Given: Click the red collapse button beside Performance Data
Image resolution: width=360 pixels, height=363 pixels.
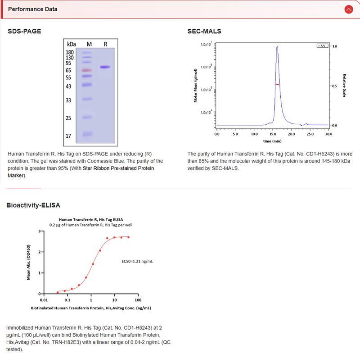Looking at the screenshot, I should (348, 9).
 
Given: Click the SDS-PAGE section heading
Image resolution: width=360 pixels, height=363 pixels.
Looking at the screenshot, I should (24, 31).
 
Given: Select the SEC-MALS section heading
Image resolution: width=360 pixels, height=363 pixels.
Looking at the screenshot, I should (204, 31).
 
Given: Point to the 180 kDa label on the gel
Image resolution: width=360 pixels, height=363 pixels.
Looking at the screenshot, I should (70, 52).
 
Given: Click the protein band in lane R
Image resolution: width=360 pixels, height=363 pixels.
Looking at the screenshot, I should (105, 67).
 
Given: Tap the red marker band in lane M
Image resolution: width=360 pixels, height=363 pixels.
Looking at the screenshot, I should (87, 70).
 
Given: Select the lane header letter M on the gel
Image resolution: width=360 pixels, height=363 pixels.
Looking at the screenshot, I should (89, 44).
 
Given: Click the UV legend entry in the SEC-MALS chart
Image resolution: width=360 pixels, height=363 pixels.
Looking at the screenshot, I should (322, 46).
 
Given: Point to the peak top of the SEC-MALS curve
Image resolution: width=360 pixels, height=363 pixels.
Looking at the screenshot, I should (277, 46).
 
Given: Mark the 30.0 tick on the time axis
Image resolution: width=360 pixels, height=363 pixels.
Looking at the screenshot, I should (328, 134).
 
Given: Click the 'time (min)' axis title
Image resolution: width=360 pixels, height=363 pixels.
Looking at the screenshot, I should (273, 141).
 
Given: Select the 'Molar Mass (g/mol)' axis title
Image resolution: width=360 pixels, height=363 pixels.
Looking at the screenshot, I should (196, 85).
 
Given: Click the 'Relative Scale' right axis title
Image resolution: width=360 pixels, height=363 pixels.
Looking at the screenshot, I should (344, 86).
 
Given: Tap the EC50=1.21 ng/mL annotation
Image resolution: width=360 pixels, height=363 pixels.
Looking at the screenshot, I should (137, 261).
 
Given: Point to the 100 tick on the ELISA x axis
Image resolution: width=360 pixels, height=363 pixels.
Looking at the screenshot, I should (138, 300).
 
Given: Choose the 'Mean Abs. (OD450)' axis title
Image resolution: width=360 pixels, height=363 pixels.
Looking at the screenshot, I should (29, 263).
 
